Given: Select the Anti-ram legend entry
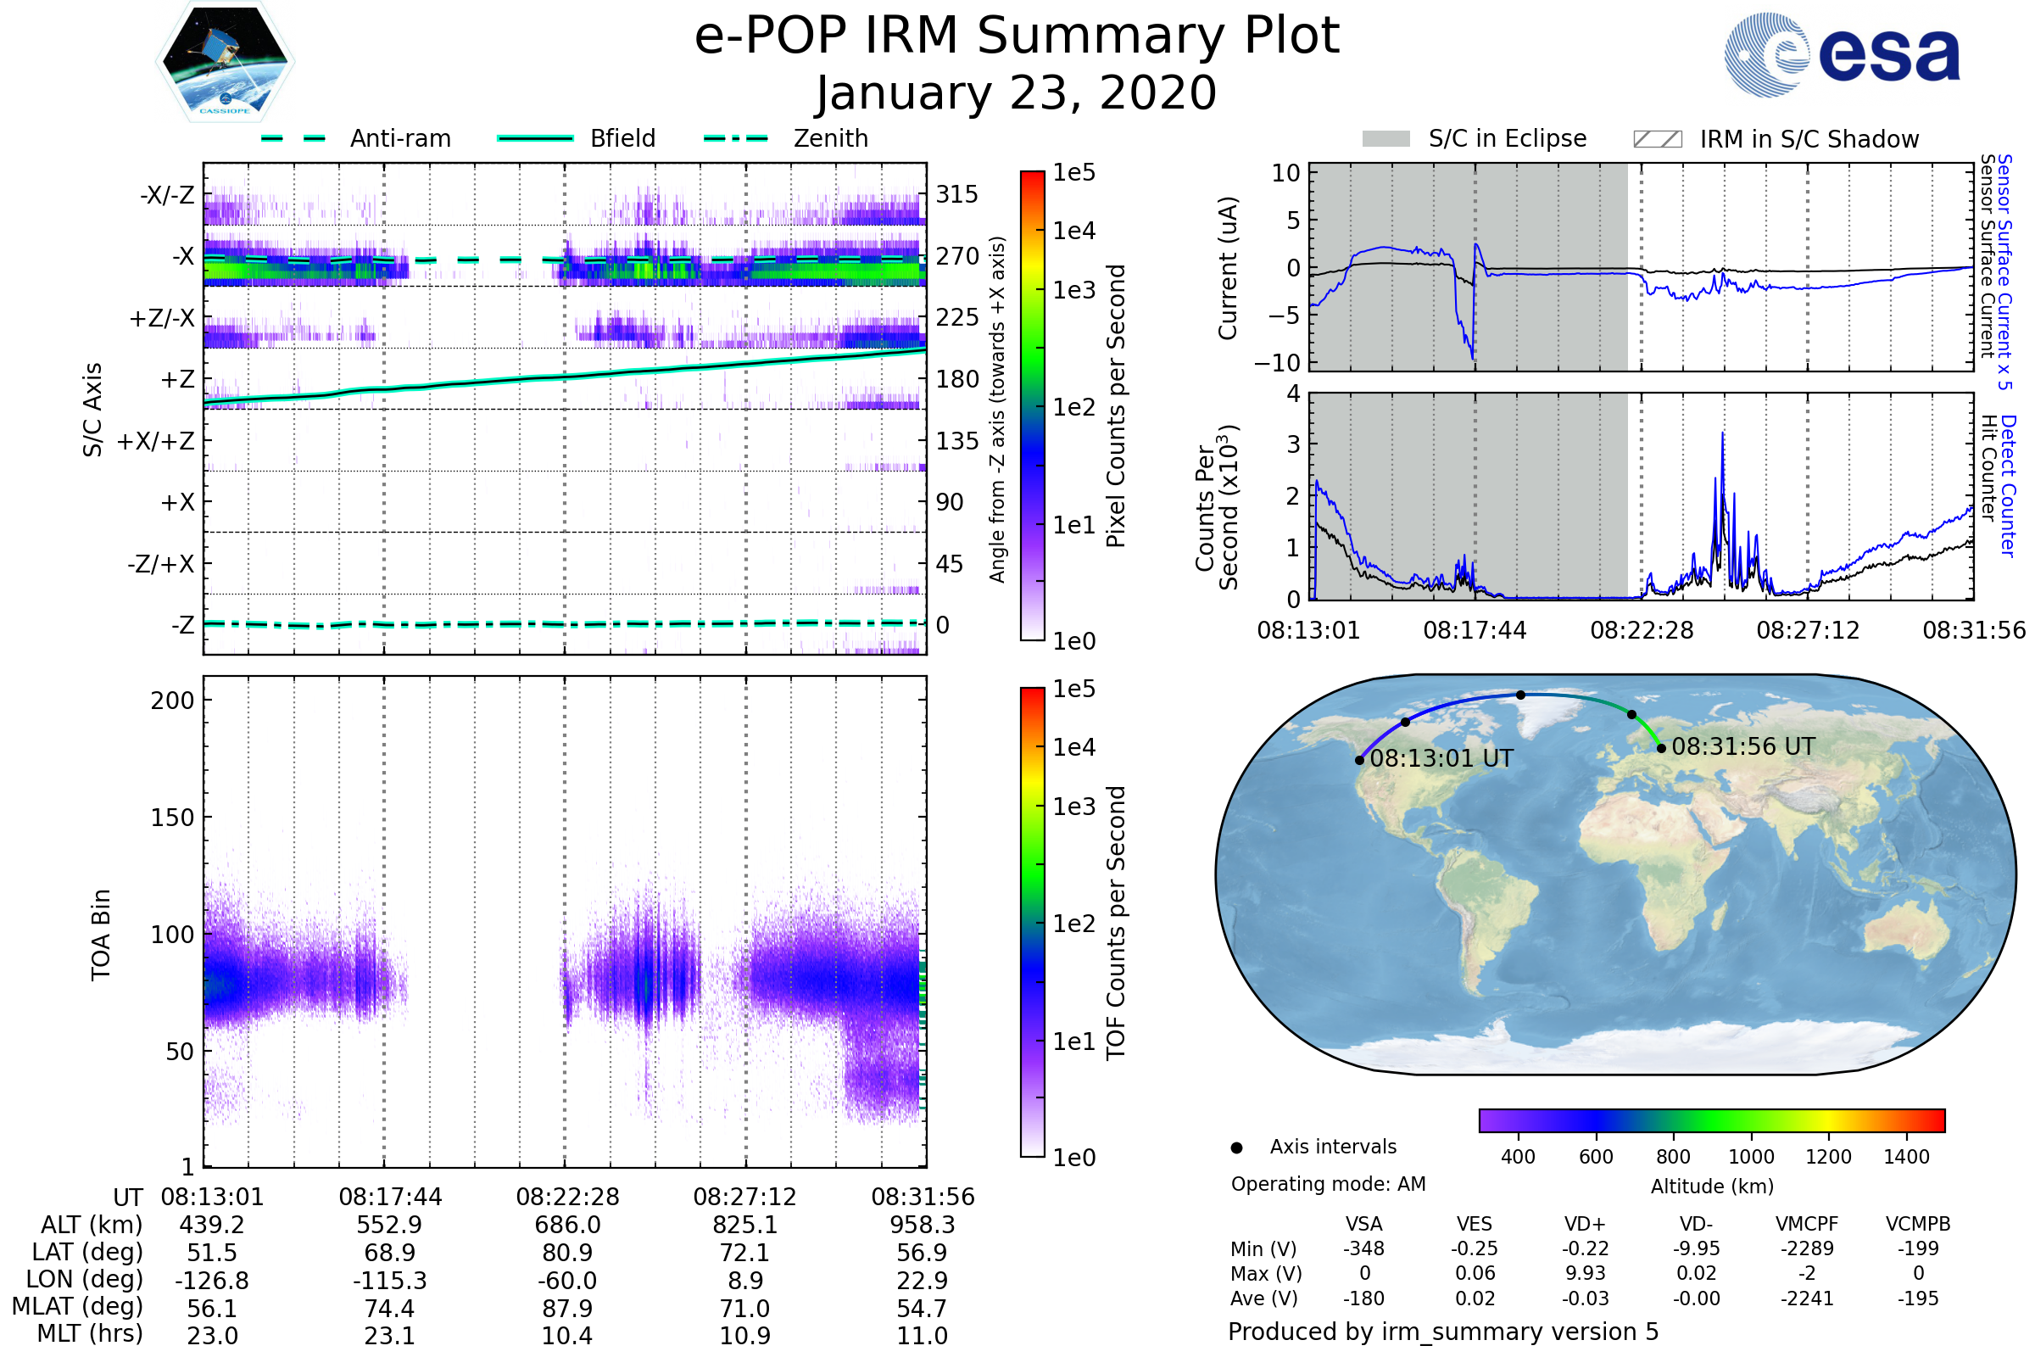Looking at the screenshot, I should pyautogui.click(x=399, y=138).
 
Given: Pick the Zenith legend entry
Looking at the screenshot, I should pyautogui.click(x=831, y=138).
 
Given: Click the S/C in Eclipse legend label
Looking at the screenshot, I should pyautogui.click(x=1508, y=138).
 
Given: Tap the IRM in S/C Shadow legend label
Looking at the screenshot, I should pyautogui.click(x=1809, y=139).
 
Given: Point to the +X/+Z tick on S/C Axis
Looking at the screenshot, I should pyautogui.click(x=156, y=441).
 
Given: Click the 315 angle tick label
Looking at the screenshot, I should pyautogui.click(x=957, y=195).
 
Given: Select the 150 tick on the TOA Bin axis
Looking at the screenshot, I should pyautogui.click(x=172, y=818).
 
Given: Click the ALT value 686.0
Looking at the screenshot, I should pyautogui.click(x=567, y=1225).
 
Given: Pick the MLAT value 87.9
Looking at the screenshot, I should pyautogui.click(x=567, y=1308).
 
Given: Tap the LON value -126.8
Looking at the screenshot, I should pyautogui.click(x=212, y=1280).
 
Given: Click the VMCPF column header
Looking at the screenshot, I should pyautogui.click(x=1807, y=1224).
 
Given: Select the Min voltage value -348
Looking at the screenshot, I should pyautogui.click(x=1363, y=1248).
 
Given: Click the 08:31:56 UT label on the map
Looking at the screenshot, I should pyautogui.click(x=1742, y=746).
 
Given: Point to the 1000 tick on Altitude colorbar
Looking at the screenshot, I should pyautogui.click(x=1751, y=1157).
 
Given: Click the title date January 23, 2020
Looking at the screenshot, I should pyautogui.click(x=1017, y=93).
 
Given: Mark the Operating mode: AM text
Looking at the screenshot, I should pyautogui.click(x=1328, y=1184).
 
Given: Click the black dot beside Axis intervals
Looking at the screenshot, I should pyautogui.click(x=1237, y=1148).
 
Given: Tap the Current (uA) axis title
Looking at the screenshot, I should pyautogui.click(x=1228, y=268).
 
